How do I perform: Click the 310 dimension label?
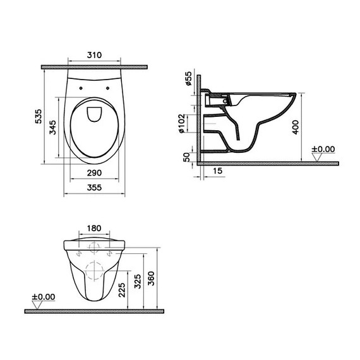click(94, 55)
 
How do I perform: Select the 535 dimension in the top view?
click(39, 116)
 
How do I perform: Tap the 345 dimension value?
click(52, 128)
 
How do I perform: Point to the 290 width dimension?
click(94, 173)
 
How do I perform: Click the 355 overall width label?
click(94, 188)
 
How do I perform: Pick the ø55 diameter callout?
click(188, 78)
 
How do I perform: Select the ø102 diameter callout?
click(181, 123)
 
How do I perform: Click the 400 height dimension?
click(296, 127)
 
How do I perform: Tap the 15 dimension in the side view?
click(218, 171)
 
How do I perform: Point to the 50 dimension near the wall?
click(187, 157)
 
